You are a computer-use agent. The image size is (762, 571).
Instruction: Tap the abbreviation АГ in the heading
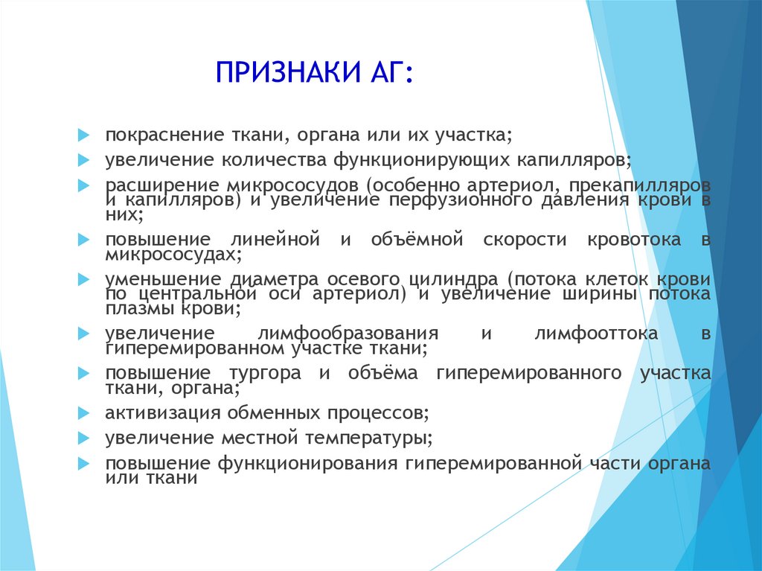(385, 72)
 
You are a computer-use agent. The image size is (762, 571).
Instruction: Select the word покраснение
(164, 135)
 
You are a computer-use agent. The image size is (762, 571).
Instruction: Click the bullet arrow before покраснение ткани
(83, 135)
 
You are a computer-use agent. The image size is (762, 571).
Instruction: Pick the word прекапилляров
(639, 185)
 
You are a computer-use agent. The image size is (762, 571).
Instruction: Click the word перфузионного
(461, 200)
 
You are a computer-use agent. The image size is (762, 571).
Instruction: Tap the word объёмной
(417, 239)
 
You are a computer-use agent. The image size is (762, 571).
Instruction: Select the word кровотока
(634, 240)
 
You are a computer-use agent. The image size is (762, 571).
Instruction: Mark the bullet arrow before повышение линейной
(83, 239)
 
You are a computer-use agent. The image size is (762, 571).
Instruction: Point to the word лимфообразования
(348, 334)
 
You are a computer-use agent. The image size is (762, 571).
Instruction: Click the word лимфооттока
(596, 334)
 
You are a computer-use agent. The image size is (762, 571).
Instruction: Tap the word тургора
(265, 374)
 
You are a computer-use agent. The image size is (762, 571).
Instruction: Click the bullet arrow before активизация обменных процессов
(83, 413)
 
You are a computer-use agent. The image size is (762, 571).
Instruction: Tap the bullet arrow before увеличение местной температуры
(83, 438)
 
